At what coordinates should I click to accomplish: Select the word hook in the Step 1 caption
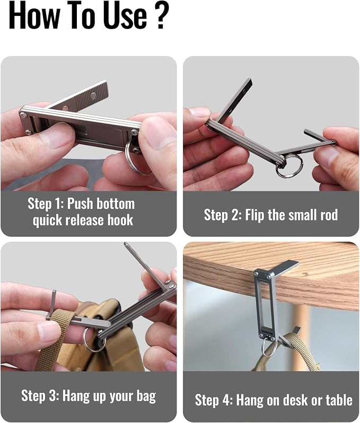[x=121, y=220]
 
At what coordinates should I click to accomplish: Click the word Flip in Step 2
[x=254, y=215]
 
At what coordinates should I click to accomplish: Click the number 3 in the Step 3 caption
[x=53, y=396]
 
